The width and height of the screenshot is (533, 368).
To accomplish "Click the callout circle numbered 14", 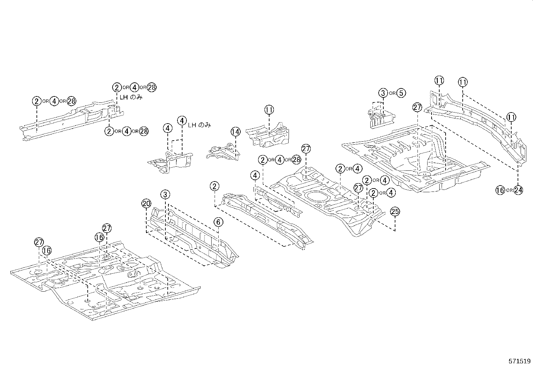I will point(235,132).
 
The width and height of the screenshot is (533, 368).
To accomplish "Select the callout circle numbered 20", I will point(146,203).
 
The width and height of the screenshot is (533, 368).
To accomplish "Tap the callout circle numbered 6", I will point(218,222).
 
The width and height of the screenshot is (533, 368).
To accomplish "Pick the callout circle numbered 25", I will point(395,212).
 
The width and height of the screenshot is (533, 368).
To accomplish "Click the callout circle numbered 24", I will point(518,190).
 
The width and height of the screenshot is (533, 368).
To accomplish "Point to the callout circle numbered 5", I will point(401,93).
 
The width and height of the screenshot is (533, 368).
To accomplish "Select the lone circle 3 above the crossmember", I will point(165,194).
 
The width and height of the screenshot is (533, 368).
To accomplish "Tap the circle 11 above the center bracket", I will point(269,110).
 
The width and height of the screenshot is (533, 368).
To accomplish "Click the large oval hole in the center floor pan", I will point(316,196).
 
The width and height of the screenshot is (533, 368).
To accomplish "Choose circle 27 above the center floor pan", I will point(306,149).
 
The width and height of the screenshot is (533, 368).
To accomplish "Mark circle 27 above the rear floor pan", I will point(417,108).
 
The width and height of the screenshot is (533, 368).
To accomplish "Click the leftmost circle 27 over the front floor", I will point(39,242).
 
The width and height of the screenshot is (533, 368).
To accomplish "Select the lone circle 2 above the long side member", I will point(215,186).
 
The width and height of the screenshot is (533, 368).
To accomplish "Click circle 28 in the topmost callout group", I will point(152,87).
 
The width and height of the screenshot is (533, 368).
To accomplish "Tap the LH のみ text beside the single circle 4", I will point(199,125).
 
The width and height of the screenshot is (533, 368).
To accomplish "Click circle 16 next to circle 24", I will point(500,190).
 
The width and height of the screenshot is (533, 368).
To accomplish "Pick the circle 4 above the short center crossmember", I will point(255,175).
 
